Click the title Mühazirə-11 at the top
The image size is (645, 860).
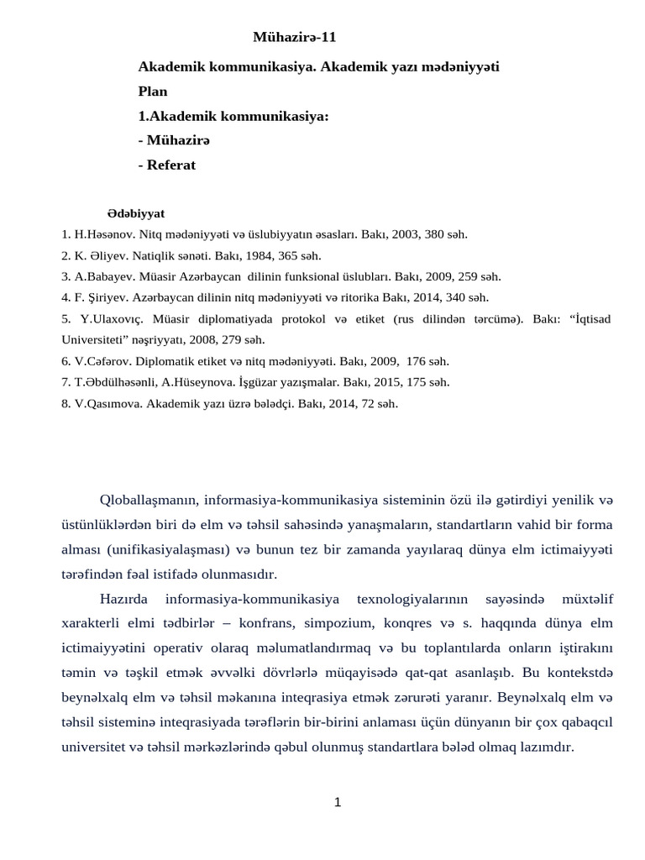(294, 37)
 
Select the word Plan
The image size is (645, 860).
(153, 92)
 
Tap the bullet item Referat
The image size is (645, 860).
(170, 165)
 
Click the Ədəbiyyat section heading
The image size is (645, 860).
(136, 213)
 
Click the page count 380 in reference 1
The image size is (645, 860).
(432, 234)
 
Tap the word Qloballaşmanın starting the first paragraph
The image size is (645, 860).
(148, 501)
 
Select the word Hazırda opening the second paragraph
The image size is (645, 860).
(124, 599)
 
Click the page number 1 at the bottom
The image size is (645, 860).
(338, 802)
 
